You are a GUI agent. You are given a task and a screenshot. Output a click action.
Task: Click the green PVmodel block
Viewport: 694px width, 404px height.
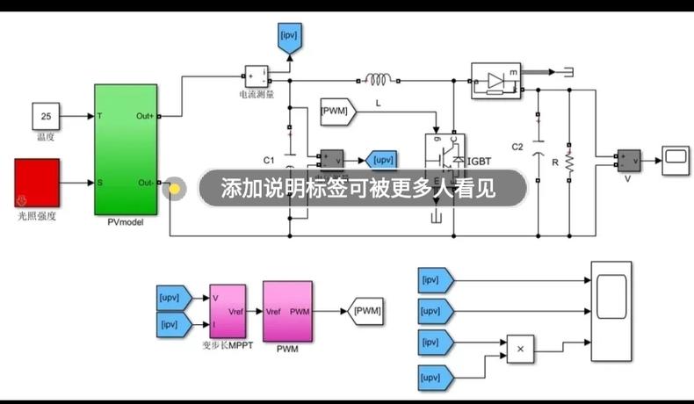tap(126, 149)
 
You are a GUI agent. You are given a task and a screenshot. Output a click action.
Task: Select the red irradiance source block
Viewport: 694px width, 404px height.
tap(37, 182)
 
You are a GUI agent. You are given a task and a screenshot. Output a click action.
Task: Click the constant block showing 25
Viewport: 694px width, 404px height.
tap(46, 115)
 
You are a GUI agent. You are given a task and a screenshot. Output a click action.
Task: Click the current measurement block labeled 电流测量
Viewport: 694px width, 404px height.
tap(256, 76)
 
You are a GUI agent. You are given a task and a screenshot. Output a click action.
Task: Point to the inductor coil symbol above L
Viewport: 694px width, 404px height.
tap(378, 80)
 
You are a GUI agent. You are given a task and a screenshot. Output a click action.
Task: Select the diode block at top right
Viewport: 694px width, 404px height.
tap(495, 80)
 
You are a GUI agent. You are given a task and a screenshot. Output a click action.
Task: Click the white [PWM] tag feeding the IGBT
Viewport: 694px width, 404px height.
tap(336, 111)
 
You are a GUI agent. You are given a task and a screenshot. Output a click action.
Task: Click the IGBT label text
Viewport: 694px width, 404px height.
tap(480, 161)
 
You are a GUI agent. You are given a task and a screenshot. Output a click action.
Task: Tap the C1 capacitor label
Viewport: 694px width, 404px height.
tap(269, 160)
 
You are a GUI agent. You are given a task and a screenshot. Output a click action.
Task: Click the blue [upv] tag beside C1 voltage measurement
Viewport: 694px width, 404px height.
tap(381, 159)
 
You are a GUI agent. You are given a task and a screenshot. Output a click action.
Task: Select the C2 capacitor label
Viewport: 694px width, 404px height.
tap(517, 146)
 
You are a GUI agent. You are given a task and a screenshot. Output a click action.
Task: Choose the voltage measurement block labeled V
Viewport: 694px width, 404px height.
tap(629, 159)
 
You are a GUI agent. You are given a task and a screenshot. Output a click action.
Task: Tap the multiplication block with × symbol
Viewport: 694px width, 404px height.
tap(519, 349)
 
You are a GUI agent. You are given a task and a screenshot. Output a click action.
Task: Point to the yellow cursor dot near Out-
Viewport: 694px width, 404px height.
tap(174, 188)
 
